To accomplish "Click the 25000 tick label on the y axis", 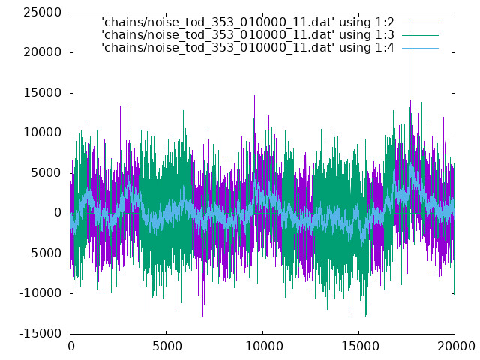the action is click(x=42, y=13).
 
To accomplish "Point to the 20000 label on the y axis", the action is click(x=42, y=52).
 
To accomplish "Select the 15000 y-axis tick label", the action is click(x=42, y=93).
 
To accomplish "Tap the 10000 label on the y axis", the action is click(x=42, y=133).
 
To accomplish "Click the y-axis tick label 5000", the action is click(x=46, y=173).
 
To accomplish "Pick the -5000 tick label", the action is click(x=44, y=253).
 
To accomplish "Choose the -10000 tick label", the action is click(x=40, y=293).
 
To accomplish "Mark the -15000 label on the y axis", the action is click(x=40, y=333).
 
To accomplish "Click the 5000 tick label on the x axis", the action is click(x=166, y=346).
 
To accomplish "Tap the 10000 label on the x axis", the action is click(x=262, y=346).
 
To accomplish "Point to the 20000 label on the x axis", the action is click(x=455, y=346).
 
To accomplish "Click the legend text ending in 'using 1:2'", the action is click(x=247, y=22).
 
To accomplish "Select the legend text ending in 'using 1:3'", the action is click(x=247, y=35).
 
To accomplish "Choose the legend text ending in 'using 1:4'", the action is click(x=247, y=48).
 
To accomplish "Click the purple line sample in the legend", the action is click(x=420, y=22).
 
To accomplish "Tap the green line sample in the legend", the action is click(x=420, y=35).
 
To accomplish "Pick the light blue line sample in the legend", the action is click(x=420, y=48).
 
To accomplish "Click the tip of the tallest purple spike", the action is click(x=410, y=20).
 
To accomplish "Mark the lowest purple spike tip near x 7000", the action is click(x=202, y=316).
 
